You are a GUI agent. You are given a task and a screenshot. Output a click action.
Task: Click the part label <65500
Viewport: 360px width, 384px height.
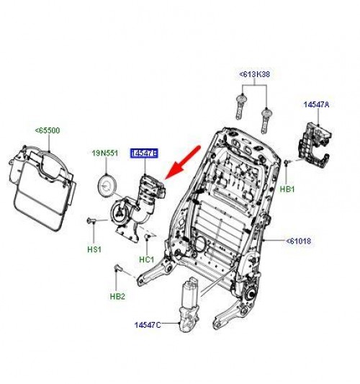pos(48,130)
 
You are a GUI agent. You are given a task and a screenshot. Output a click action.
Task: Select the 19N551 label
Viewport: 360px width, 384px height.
pos(105,153)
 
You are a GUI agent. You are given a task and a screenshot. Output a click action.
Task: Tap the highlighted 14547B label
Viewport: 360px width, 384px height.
pos(145,153)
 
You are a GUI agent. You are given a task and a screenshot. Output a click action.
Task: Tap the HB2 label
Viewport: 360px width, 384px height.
pos(118,295)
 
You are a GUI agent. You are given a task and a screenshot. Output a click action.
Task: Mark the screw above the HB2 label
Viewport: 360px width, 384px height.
pos(117,270)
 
